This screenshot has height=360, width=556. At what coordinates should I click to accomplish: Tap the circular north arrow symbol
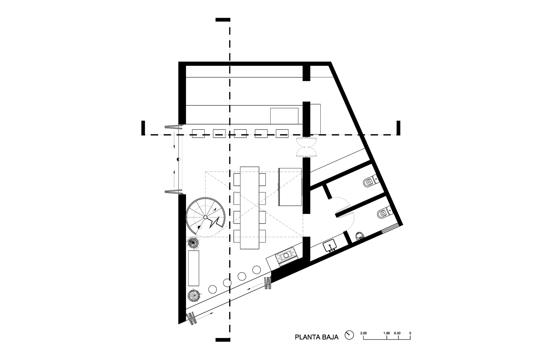pos(348,335)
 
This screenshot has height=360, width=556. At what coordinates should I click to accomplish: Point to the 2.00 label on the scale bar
pos(363,333)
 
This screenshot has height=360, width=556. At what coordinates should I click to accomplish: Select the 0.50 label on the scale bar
pos(397,333)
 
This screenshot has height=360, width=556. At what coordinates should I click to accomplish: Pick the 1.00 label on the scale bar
pos(386,333)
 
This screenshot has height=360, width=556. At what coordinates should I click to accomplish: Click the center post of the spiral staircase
pos(205,217)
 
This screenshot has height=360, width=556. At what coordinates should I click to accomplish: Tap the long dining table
pos(250,207)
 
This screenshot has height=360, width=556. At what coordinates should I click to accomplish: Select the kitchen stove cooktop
pos(287,256)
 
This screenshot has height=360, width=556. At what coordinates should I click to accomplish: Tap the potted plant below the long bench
pos(194,296)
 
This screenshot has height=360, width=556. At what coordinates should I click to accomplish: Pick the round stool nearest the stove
pos(256,269)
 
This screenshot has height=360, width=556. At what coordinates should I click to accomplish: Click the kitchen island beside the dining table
pos(290,186)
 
